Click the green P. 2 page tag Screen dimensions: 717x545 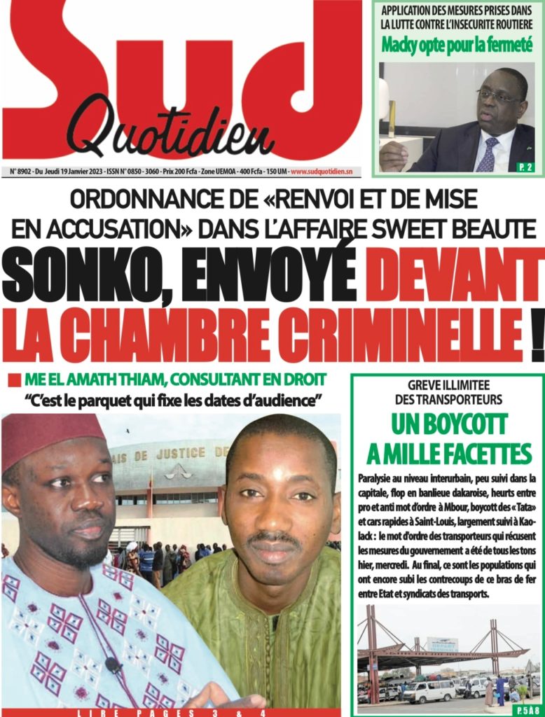[x=525, y=167]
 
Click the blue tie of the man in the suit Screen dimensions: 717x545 [x=487, y=155]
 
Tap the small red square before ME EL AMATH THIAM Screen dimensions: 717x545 [x=14, y=382]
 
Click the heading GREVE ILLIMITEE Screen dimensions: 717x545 [x=448, y=385]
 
